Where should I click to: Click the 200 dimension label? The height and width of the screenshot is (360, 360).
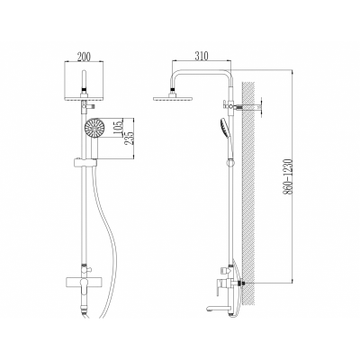[x=84, y=57]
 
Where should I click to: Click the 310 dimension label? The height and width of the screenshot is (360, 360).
[x=202, y=56]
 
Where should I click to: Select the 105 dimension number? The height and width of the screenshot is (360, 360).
[x=119, y=128]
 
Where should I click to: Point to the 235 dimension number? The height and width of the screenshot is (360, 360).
[x=130, y=138]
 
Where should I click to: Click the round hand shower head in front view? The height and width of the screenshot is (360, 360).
[x=94, y=128]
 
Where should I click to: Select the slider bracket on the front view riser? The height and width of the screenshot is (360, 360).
[x=85, y=163]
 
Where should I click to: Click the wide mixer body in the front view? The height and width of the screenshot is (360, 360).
[x=85, y=283]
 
